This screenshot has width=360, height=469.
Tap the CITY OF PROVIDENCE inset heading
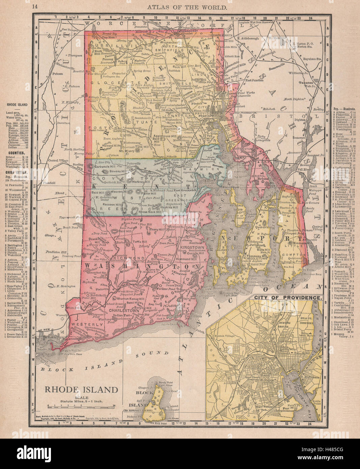click(287, 298)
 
